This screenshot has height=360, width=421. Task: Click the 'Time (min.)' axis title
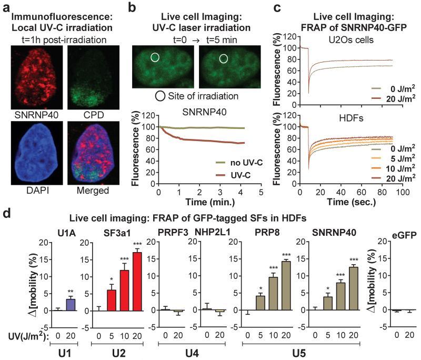201,202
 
